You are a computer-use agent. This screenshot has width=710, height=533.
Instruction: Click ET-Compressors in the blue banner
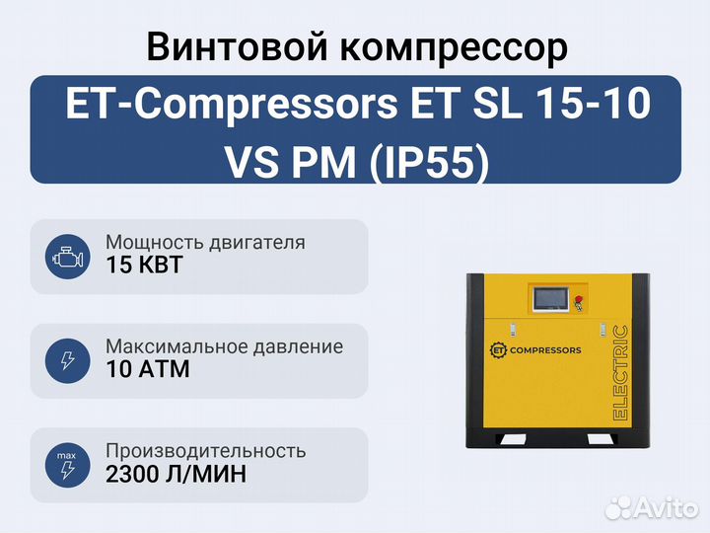231,106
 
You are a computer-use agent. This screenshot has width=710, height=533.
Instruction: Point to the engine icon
67,257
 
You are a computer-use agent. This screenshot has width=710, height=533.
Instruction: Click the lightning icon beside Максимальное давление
67,361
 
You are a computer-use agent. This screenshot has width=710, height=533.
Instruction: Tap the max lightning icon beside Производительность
67,465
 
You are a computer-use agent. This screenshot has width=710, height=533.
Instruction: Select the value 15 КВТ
144,265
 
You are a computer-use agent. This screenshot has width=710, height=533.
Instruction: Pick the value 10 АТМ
148,369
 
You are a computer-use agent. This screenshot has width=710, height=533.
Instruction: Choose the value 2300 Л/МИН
177,474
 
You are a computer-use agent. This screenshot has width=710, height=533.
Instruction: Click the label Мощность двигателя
205,243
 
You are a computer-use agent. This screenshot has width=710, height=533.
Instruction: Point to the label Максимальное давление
225,346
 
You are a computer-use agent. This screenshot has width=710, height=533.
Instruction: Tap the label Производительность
206,451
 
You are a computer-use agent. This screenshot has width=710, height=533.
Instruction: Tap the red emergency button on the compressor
578,300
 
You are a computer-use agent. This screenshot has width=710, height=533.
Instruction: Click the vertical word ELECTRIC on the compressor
620,372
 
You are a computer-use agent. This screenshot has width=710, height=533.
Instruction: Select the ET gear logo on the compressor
499,349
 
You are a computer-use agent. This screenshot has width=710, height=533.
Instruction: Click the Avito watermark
651,507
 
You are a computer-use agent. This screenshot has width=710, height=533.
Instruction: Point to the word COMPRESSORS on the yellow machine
545,350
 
